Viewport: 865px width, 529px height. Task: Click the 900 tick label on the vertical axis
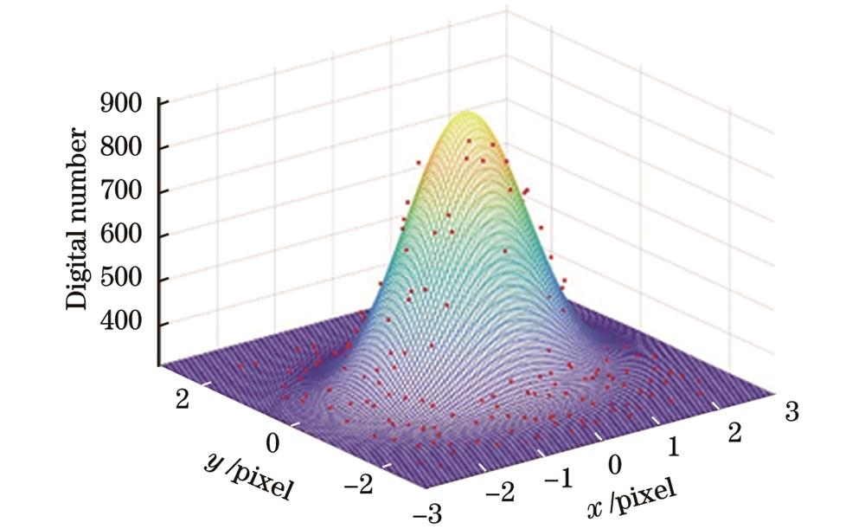tap(124, 103)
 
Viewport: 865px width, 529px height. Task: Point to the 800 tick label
tap(124, 147)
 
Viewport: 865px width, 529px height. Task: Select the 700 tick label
tap(124, 191)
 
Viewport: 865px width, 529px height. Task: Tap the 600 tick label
tap(124, 235)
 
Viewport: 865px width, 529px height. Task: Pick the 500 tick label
tap(124, 280)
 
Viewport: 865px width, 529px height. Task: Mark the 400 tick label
tap(124, 324)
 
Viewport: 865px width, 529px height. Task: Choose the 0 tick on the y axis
tap(273, 444)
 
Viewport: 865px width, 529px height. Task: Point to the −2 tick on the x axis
tap(500, 495)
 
